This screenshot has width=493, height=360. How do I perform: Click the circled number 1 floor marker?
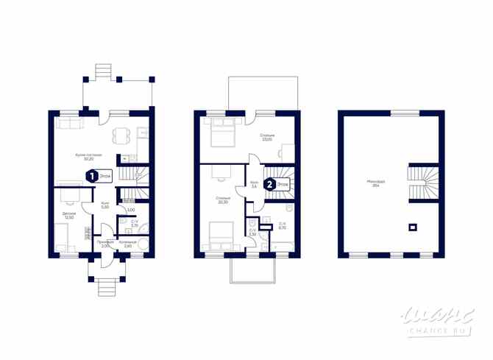[x=91, y=176]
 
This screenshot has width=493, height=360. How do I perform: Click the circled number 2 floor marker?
[x=271, y=184]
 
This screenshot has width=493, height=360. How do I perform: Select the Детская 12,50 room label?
[x=69, y=216]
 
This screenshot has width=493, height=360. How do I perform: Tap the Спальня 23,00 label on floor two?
[x=267, y=138]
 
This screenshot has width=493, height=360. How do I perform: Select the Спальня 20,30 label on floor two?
[x=223, y=201]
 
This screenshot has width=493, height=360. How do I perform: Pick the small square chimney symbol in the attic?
[x=413, y=227]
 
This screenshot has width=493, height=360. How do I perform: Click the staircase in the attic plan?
[x=425, y=184]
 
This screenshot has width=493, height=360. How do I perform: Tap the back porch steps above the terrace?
[x=102, y=71]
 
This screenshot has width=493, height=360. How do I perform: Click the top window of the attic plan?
[x=402, y=112]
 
